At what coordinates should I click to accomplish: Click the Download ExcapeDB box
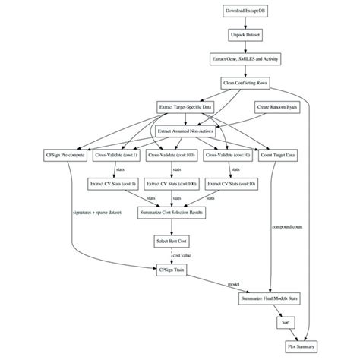point(245,11)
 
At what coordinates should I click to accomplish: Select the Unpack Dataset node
point(245,35)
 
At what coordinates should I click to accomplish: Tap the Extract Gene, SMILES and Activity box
point(245,58)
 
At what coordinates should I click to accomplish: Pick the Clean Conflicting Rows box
point(245,82)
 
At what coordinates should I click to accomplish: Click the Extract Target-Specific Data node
point(185,107)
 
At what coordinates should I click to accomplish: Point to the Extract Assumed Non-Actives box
point(185,131)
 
